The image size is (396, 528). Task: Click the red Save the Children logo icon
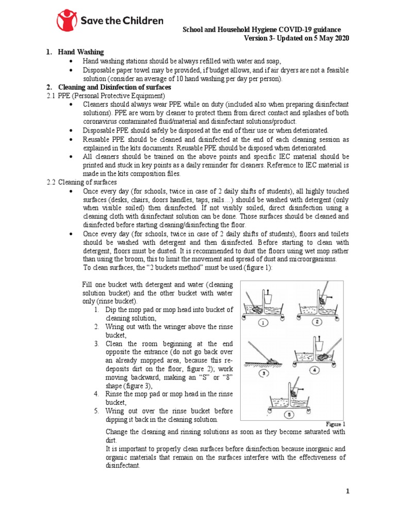(66, 21)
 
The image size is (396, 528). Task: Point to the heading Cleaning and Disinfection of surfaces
(117, 87)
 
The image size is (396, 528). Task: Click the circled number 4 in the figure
(315, 370)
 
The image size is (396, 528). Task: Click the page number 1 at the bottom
(348, 491)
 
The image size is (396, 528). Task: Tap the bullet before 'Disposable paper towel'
(70, 70)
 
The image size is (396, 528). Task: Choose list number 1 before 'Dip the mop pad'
(97, 309)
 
